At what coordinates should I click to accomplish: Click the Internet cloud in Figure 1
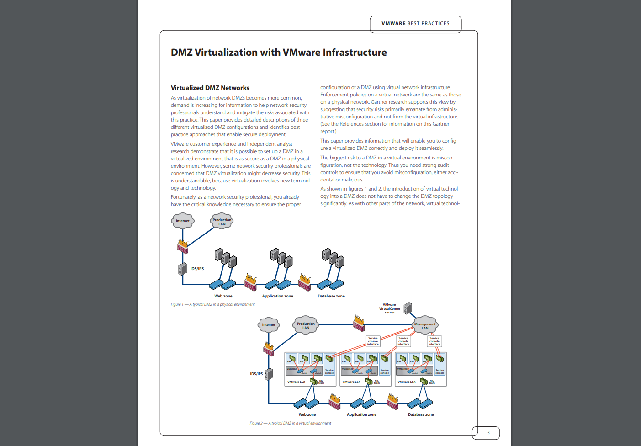(183, 221)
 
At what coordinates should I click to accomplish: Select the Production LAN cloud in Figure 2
(306, 325)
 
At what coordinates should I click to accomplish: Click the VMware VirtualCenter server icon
(408, 308)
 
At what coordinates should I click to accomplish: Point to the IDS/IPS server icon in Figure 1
(183, 269)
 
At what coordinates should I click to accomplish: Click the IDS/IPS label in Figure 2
(256, 374)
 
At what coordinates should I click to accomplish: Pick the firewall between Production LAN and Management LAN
(359, 323)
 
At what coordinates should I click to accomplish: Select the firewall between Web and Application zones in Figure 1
(250, 282)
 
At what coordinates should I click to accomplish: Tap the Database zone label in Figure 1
(331, 296)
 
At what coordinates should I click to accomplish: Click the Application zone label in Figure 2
(361, 414)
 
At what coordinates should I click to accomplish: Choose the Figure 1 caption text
(213, 304)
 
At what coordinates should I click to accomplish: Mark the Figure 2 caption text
(290, 423)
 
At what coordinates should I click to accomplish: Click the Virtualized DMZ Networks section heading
(210, 88)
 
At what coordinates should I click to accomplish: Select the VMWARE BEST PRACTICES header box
(415, 24)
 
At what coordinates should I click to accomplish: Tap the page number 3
(488, 433)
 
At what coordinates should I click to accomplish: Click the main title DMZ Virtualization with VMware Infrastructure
(279, 53)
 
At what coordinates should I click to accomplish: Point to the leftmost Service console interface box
(373, 341)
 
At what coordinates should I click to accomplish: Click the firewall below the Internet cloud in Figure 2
(269, 349)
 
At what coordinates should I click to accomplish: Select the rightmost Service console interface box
(434, 341)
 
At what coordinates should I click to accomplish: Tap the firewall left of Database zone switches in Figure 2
(392, 402)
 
